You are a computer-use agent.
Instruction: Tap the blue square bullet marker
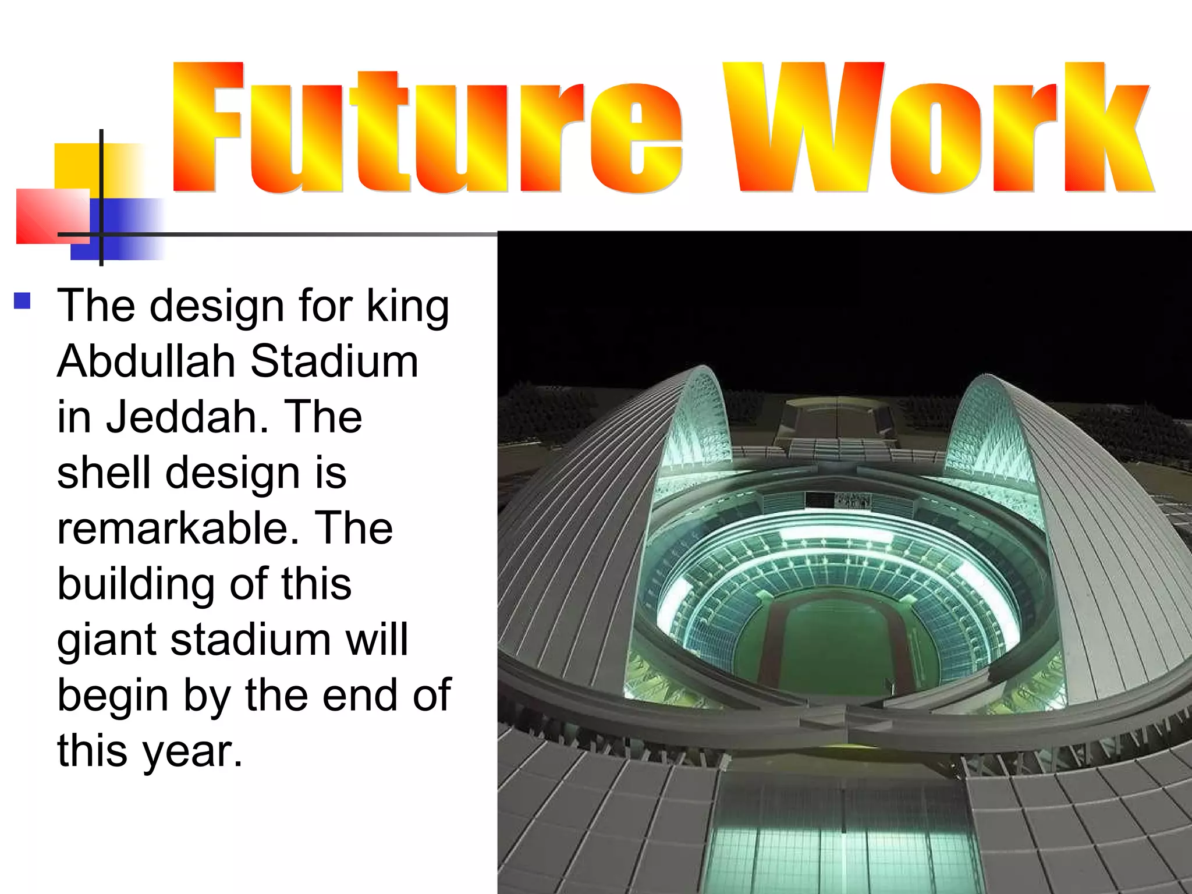(22, 301)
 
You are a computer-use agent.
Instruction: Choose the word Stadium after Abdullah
(334, 361)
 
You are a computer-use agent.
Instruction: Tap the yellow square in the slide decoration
(79, 166)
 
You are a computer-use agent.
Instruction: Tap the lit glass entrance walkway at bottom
(838, 844)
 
